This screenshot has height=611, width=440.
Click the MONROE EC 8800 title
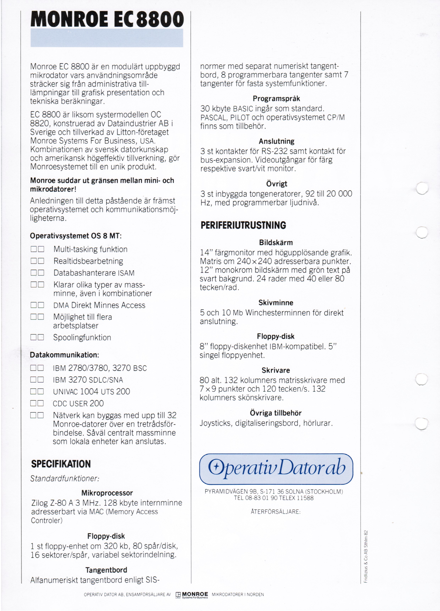pos(107,19)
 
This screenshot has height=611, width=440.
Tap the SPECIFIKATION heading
pos(61,464)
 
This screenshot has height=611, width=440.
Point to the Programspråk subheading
pos(276,99)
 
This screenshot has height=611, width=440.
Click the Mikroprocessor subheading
pos(107,493)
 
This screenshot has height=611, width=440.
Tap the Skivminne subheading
pos(276,303)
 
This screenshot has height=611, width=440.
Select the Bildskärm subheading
pos(276,242)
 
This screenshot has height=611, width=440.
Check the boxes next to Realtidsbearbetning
pos(37,261)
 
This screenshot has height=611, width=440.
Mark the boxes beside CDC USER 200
pos(37,403)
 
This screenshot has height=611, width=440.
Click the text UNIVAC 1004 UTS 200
pos(91,391)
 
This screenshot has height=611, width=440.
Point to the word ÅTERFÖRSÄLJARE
pos(275,512)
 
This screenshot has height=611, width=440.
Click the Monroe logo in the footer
pos(192,595)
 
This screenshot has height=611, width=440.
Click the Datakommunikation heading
pos(64,355)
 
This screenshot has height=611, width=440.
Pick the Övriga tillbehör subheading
pos(276,413)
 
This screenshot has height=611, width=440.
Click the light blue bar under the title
pos(107,38)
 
